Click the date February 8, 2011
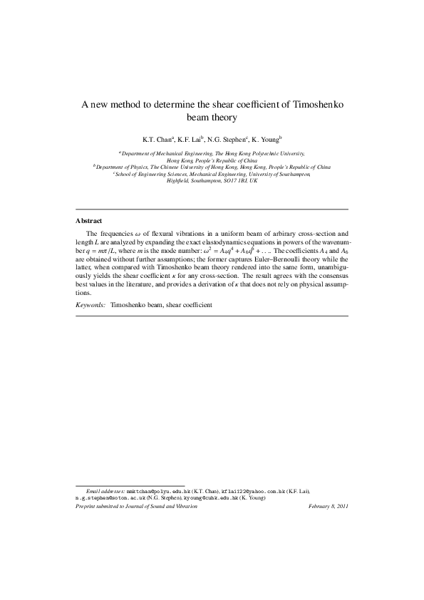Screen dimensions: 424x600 pyautogui.click(x=328, y=506)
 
